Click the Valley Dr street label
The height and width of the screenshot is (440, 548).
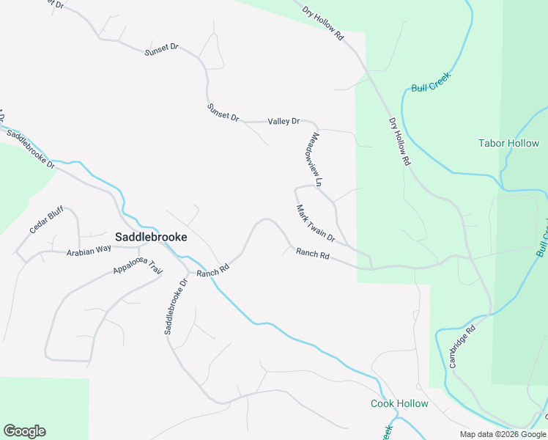point(284,121)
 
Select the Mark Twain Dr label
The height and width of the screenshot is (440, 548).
point(316,224)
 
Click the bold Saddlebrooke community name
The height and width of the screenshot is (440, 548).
point(151,237)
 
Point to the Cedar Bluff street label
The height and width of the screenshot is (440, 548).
point(46,220)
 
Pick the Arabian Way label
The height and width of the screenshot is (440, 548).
point(89,250)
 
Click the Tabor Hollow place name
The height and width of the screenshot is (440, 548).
point(508,143)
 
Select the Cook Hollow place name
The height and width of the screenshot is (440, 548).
point(399,404)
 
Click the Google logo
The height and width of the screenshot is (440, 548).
point(24,431)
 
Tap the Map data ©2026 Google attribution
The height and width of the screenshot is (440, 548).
point(503,434)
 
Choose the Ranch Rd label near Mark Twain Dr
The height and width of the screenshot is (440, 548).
point(313,254)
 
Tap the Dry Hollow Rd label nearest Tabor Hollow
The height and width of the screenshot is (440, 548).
point(399,142)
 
